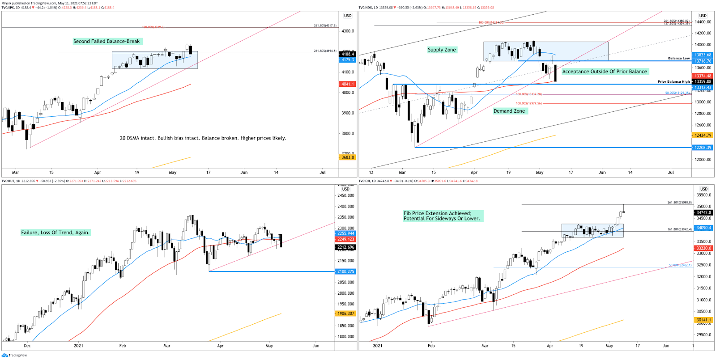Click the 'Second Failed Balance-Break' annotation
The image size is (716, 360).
tap(107, 41)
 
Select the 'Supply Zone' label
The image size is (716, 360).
tap(442, 50)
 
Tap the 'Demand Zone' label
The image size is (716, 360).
tap(509, 111)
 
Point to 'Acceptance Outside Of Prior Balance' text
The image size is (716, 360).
tap(605, 72)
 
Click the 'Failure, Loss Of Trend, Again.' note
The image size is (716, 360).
tap(55, 233)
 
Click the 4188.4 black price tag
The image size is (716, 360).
tap(348, 54)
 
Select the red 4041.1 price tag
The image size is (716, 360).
tap(348, 84)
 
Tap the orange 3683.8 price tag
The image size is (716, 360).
tap(348, 157)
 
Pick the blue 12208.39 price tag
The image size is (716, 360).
tap(703, 148)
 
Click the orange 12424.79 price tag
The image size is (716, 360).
tap(703, 135)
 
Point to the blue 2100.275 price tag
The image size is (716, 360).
tap(345, 271)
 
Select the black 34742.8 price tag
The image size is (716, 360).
tap(703, 213)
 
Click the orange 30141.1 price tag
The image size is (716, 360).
tap(703, 320)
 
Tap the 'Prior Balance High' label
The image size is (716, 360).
tap(673, 82)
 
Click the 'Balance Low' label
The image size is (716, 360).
tap(679, 58)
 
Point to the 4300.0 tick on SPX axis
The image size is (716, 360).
tap(348, 31)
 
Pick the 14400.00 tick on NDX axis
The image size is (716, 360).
tap(703, 22)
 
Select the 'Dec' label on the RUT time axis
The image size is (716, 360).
tap(27, 346)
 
